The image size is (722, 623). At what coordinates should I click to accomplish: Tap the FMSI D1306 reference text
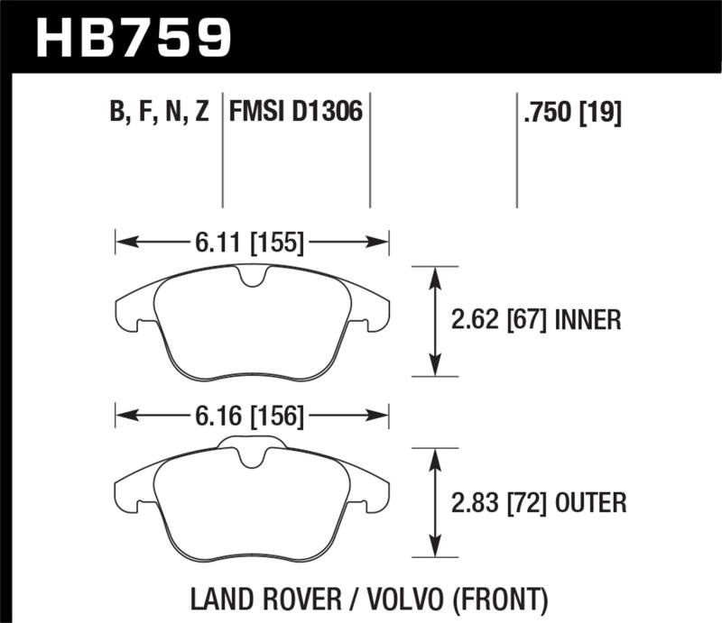click(x=296, y=113)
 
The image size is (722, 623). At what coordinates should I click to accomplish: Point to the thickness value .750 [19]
click(x=569, y=113)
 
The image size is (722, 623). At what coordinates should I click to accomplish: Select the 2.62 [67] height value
click(x=497, y=320)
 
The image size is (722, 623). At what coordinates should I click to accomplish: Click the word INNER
click(x=587, y=320)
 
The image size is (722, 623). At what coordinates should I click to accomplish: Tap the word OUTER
click(x=588, y=502)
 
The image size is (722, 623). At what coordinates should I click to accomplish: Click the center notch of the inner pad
click(x=253, y=280)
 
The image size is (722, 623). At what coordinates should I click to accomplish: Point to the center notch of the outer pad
click(x=253, y=458)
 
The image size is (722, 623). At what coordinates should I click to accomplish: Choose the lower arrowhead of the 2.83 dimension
click(x=436, y=550)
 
